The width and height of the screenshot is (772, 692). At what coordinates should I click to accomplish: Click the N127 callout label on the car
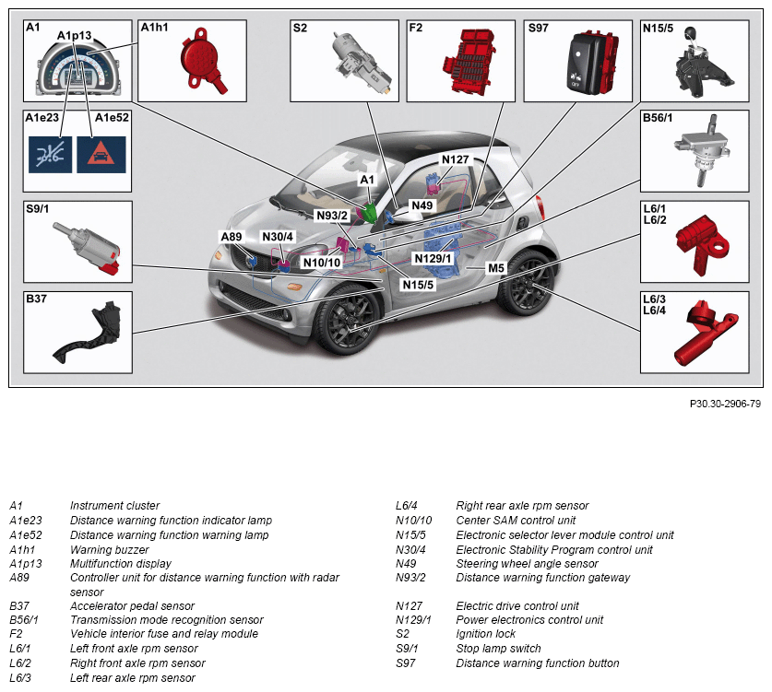coord(456,158)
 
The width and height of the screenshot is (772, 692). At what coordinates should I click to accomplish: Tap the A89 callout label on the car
coord(231,237)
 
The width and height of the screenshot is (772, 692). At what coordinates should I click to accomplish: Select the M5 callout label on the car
coord(497,267)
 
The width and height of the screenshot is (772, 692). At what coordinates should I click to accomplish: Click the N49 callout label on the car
coord(422,205)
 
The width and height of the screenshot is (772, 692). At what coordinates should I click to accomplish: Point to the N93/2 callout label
coord(331,216)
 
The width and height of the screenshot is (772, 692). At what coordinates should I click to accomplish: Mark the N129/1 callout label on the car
coord(432,258)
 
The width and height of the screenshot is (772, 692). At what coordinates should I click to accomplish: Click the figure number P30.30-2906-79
coord(725,404)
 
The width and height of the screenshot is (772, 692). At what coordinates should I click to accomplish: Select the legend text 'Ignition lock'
coord(485,635)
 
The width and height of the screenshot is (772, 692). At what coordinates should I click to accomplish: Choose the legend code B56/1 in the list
coord(24,620)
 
